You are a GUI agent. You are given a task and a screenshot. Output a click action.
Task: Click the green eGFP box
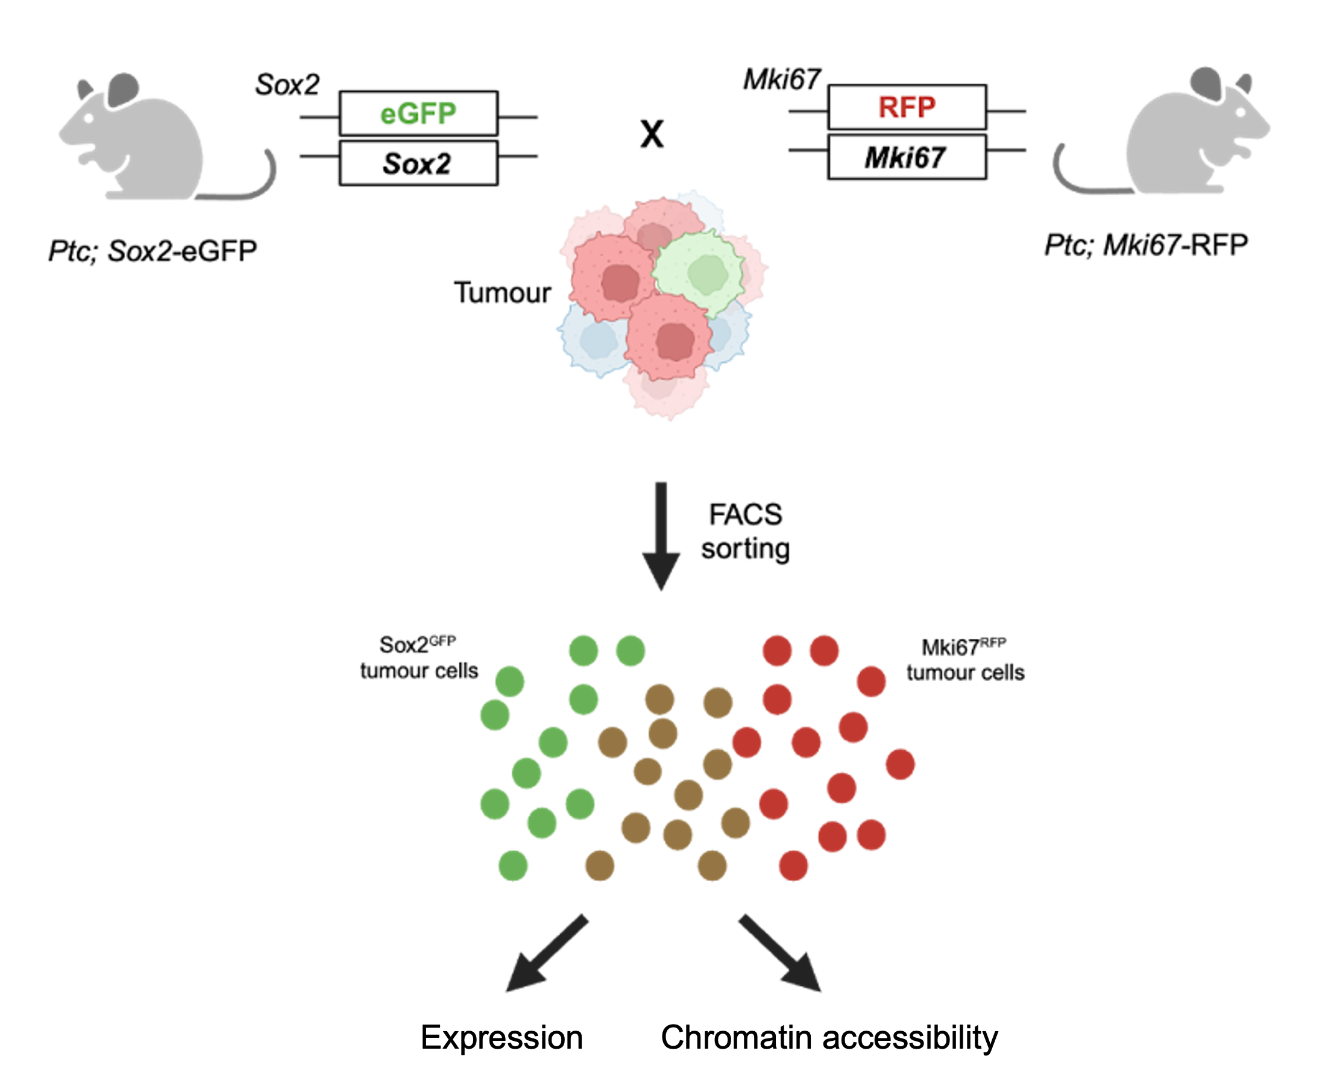click(x=418, y=113)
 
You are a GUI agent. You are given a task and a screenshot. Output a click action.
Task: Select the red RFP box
click(x=907, y=107)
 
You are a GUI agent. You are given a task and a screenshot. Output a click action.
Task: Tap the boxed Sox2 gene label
click(x=418, y=164)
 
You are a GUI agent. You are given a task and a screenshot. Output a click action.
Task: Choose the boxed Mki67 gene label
click(x=907, y=157)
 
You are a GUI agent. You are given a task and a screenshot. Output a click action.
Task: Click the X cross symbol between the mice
click(x=652, y=134)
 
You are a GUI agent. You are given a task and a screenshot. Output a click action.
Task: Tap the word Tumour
click(x=503, y=293)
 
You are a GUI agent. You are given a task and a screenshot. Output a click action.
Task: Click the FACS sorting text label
click(x=745, y=532)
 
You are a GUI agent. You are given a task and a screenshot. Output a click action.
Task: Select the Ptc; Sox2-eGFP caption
click(x=153, y=251)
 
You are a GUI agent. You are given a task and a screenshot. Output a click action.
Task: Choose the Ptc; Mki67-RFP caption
click(x=1146, y=245)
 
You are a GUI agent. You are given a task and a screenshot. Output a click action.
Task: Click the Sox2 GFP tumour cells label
click(x=419, y=658)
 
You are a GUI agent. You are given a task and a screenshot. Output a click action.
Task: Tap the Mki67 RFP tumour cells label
click(x=965, y=660)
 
